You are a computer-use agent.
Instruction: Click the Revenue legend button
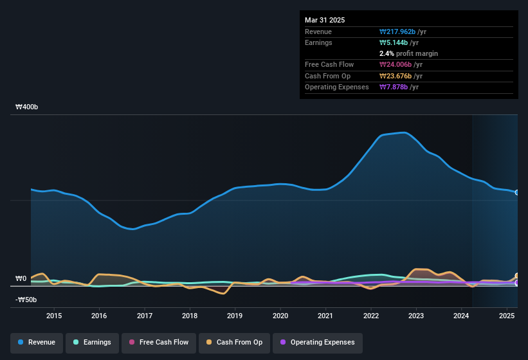pos(37,342)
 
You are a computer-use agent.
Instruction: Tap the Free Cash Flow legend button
pos(158,342)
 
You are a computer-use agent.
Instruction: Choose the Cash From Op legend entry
pos(235,342)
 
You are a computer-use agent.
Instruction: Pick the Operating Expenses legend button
pos(317,342)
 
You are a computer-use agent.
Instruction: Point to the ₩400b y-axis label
pos(27,107)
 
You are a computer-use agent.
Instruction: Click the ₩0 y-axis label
pos(21,278)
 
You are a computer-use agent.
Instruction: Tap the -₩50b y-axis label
pos(26,300)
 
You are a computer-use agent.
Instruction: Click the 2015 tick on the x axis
pos(54,316)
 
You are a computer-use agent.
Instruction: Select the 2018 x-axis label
pos(190,316)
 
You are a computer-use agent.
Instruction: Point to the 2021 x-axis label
pos(325,316)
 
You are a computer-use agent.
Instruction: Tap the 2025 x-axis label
pos(507,316)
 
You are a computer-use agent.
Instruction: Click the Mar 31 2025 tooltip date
pos(325,20)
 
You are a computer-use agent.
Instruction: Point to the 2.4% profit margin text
pos(408,53)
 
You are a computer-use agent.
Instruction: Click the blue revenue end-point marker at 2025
pos(516,192)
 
